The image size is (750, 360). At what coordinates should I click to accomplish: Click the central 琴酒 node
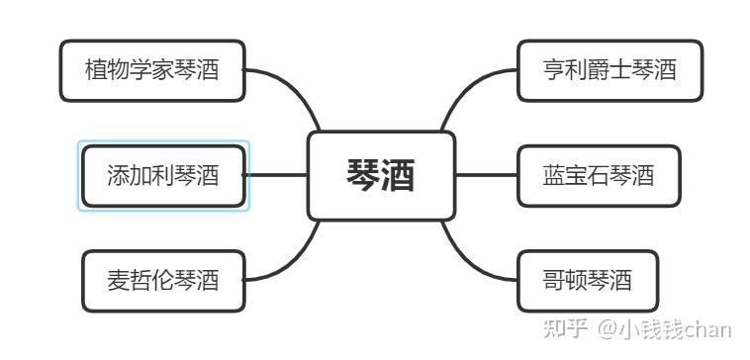click(381, 176)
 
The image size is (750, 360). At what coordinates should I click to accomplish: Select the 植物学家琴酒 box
click(152, 71)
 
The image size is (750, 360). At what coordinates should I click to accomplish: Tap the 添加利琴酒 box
click(163, 176)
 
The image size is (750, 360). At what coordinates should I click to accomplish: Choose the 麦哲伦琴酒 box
click(163, 281)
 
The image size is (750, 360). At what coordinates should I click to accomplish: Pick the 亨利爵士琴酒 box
click(609, 71)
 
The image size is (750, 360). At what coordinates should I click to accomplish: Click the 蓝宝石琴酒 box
click(599, 176)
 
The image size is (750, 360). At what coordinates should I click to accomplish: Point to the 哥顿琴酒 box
click(588, 281)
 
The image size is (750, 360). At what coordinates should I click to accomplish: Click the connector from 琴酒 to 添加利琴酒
click(276, 175)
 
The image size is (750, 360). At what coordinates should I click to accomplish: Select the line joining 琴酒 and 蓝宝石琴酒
click(486, 175)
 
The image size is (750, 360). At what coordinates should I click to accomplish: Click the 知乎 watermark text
click(565, 330)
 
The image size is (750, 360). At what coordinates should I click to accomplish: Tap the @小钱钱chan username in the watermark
click(665, 330)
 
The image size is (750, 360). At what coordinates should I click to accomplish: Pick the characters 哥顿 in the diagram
click(565, 281)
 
